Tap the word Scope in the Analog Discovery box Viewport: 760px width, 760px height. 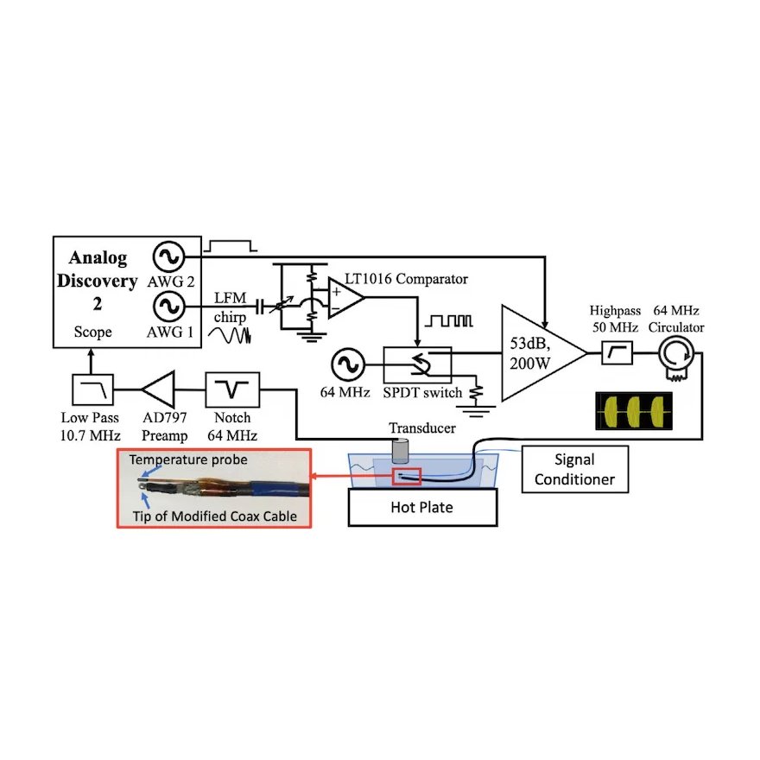pos(93,332)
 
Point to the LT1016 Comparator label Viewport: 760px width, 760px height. pos(419,279)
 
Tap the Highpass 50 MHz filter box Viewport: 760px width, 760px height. pos(619,352)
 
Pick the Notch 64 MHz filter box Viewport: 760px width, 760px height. pos(231,390)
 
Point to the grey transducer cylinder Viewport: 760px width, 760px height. pos(401,450)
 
